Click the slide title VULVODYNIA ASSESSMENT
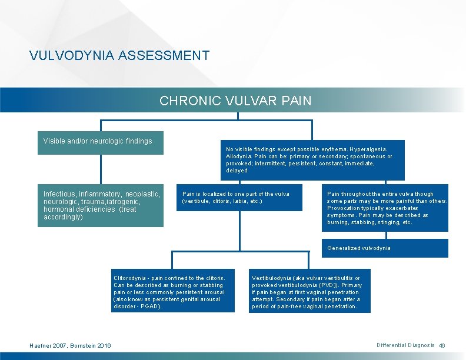pos(119,56)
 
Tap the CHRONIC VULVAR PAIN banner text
pos(235,101)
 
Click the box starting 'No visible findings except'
pos(312,159)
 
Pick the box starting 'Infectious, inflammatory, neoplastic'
pos(101,205)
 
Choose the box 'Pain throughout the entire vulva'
pos(385,208)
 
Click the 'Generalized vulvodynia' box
pos(385,248)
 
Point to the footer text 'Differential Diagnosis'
pos(405,345)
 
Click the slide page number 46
pos(442,345)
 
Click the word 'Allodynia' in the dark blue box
pos(240,156)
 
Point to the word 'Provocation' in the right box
pos(344,208)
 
